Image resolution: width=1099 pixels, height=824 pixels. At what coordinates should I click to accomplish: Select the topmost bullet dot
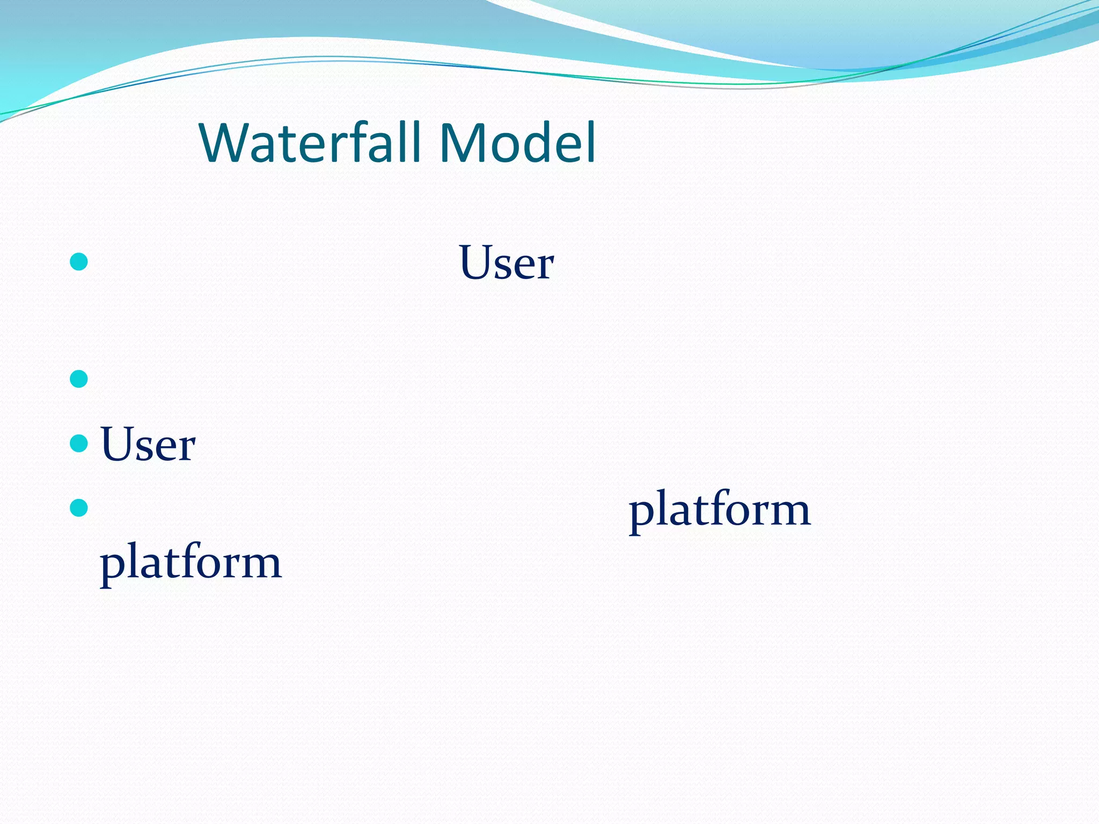79,262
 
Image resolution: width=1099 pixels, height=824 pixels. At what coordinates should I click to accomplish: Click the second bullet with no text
79,379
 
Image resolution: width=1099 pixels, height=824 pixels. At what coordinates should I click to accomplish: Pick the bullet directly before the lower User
79,443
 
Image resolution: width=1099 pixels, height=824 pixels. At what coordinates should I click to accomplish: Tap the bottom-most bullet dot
79,507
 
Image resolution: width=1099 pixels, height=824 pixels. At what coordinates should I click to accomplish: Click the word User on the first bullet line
506,263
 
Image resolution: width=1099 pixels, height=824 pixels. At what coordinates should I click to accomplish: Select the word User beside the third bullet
148,444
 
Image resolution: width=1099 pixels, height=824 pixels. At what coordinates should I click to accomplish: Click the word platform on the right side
719,510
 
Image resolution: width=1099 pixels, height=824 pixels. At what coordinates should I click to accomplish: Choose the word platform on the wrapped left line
191,562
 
